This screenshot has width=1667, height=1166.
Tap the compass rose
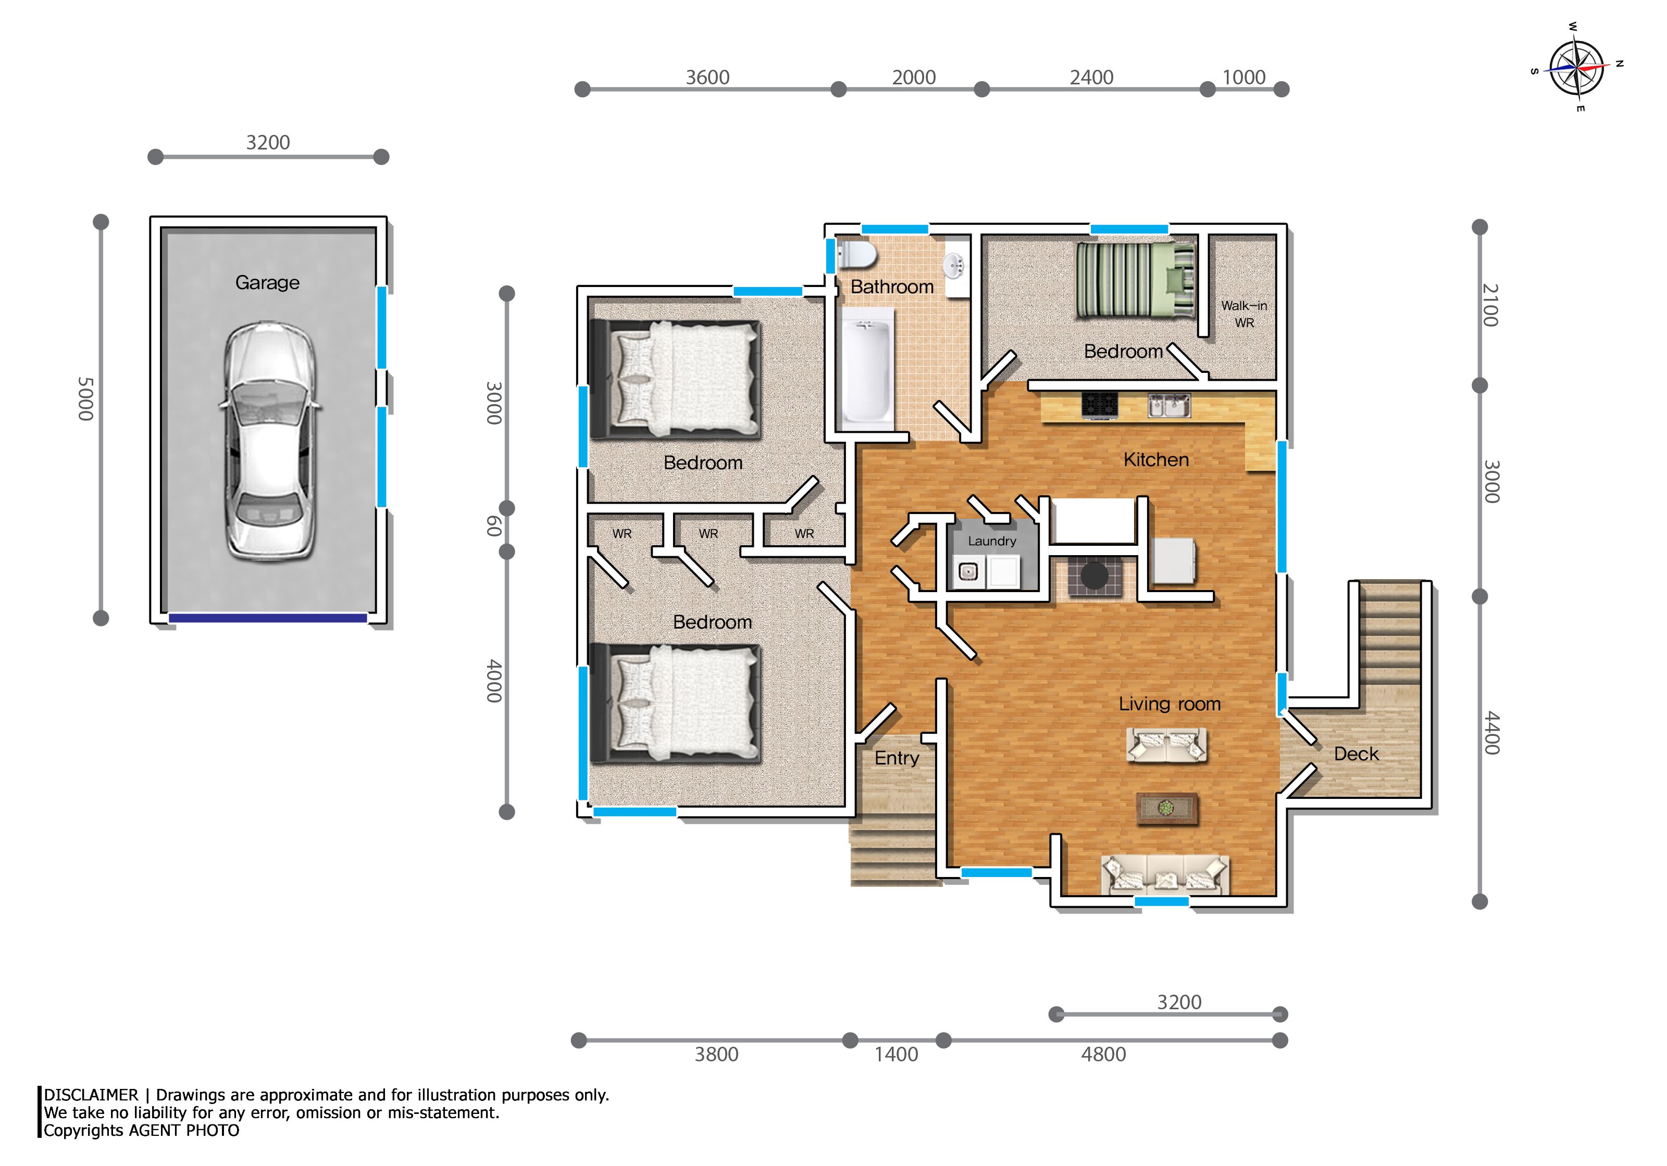pyautogui.click(x=1576, y=68)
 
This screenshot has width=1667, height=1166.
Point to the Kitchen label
pyautogui.click(x=1156, y=459)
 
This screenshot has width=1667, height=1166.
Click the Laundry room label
pyautogui.click(x=992, y=541)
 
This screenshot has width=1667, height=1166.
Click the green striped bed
pyautogui.click(x=1136, y=280)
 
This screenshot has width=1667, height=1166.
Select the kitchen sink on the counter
pyautogui.click(x=1168, y=405)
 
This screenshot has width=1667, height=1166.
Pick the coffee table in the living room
pyautogui.click(x=1167, y=809)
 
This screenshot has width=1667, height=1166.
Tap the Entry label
pyautogui.click(x=897, y=758)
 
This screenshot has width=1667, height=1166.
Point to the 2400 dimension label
pyautogui.click(x=1091, y=77)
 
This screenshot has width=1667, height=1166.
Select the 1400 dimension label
pyautogui.click(x=896, y=1054)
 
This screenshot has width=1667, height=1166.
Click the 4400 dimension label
pyautogui.click(x=1491, y=733)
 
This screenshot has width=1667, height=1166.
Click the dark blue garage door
pyautogui.click(x=268, y=618)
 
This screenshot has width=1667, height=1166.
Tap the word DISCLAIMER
pyautogui.click(x=91, y=1095)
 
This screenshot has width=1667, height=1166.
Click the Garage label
pyautogui.click(x=267, y=282)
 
